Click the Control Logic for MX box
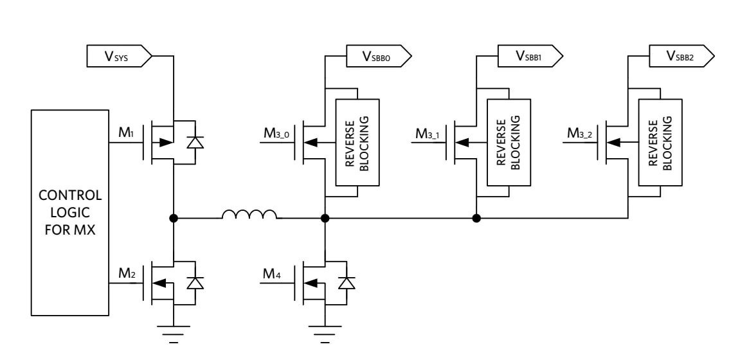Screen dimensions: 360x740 tap(69, 212)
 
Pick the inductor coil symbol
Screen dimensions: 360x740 tap(250, 214)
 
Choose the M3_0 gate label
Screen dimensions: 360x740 tap(278, 134)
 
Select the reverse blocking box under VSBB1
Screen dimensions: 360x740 tap(507, 141)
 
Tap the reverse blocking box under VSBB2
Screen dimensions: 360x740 tap(659, 141)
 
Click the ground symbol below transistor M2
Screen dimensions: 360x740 tap(172, 334)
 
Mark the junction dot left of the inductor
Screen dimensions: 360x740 tap(172, 219)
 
